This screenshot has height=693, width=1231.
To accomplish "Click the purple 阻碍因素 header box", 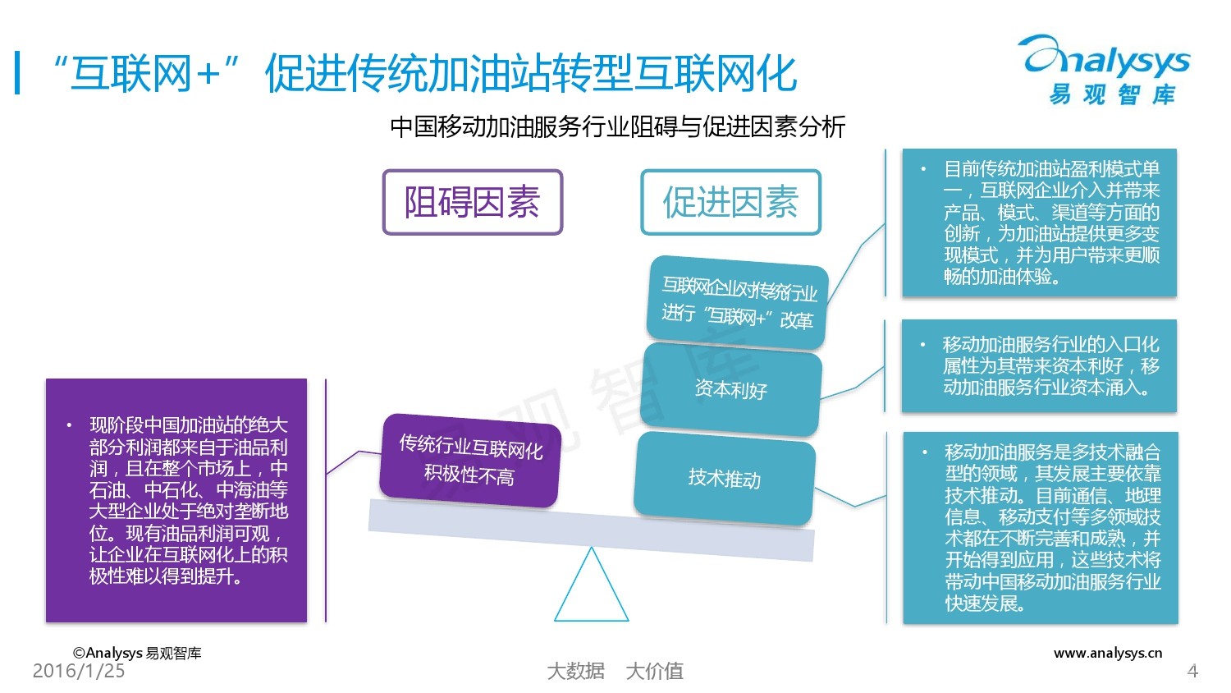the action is click(x=473, y=202).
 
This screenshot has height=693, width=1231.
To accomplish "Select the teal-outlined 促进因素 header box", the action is click(x=730, y=202).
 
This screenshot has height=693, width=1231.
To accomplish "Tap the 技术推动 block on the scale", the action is click(x=725, y=478).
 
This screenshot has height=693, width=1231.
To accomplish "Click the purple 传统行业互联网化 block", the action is click(x=470, y=460).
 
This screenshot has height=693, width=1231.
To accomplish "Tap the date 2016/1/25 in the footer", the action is click(x=79, y=671).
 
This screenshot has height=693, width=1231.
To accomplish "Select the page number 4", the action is click(x=1192, y=672).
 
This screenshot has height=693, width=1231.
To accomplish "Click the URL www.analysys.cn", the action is click(x=1108, y=653).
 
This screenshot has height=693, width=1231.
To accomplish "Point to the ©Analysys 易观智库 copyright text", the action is click(x=137, y=653).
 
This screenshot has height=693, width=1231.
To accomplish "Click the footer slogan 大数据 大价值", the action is click(x=615, y=671).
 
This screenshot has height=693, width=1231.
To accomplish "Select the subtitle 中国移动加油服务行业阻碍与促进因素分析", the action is click(x=617, y=126).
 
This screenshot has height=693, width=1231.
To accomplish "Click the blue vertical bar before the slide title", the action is click(x=17, y=73).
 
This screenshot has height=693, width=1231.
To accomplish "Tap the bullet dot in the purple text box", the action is click(x=69, y=425).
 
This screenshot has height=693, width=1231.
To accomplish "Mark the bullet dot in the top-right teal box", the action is click(x=923, y=169).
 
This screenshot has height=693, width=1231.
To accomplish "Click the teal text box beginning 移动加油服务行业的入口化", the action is click(x=1039, y=366).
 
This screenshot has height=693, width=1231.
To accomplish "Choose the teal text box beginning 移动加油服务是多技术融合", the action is click(x=1041, y=527).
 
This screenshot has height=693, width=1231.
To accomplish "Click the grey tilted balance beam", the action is click(x=591, y=530).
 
